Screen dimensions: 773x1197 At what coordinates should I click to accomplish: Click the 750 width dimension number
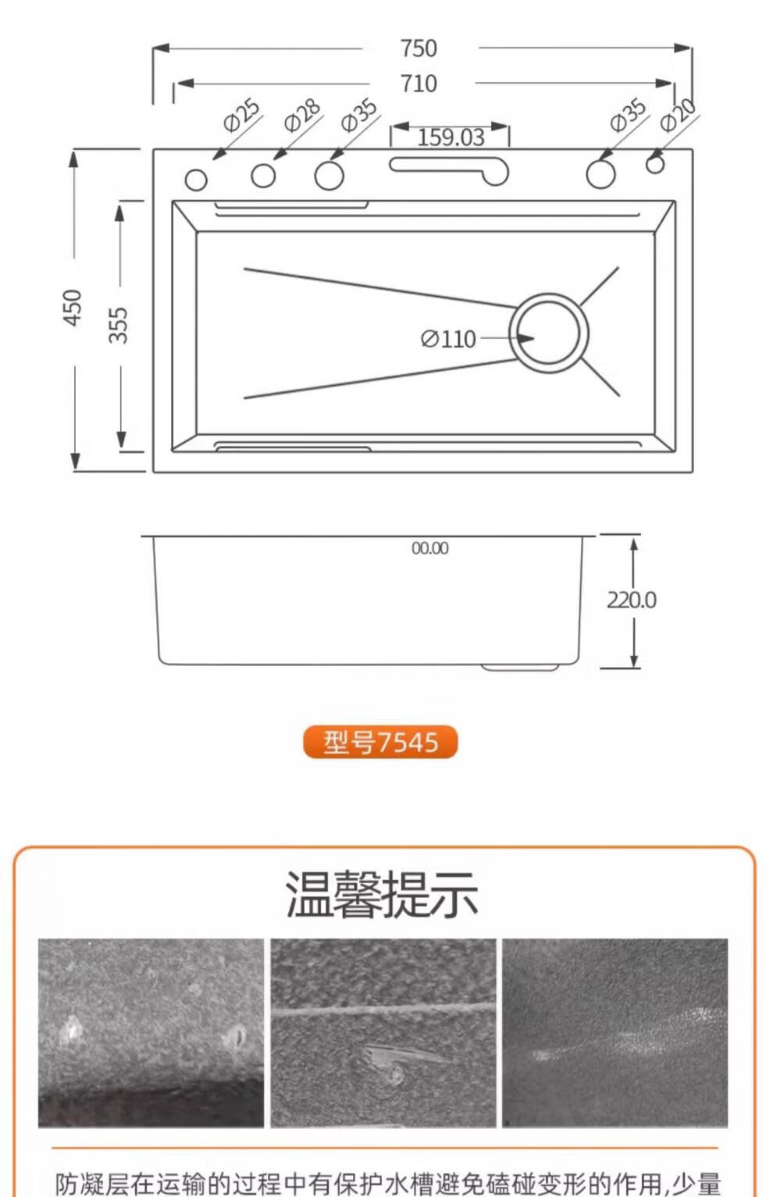tap(419, 48)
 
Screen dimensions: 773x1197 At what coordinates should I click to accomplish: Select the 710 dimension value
tap(419, 84)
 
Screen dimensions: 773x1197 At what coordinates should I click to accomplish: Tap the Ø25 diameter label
tap(242, 115)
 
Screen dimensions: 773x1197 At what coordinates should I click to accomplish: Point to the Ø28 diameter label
tap(302, 115)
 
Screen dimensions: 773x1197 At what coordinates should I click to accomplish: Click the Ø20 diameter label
tap(679, 115)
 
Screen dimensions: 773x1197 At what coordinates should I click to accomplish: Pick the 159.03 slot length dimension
tap(451, 137)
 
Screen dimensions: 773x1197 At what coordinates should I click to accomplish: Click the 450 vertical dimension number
tap(73, 308)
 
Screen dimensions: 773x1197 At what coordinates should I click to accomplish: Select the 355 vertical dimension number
tap(119, 325)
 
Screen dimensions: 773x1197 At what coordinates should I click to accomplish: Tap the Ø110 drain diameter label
tap(448, 339)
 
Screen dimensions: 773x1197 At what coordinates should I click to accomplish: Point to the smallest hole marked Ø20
tap(655, 165)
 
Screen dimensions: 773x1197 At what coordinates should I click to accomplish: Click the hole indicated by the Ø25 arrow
tap(196, 180)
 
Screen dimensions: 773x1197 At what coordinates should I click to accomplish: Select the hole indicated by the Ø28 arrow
tap(263, 175)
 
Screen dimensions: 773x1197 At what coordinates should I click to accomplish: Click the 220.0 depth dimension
tap(632, 600)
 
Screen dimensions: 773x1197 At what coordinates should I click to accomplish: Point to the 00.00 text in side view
tap(430, 547)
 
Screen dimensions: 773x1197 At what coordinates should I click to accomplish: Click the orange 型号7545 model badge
tap(380, 742)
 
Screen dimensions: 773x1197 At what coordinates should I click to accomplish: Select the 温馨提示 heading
tap(382, 893)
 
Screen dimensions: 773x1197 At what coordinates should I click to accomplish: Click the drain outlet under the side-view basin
tap(520, 667)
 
